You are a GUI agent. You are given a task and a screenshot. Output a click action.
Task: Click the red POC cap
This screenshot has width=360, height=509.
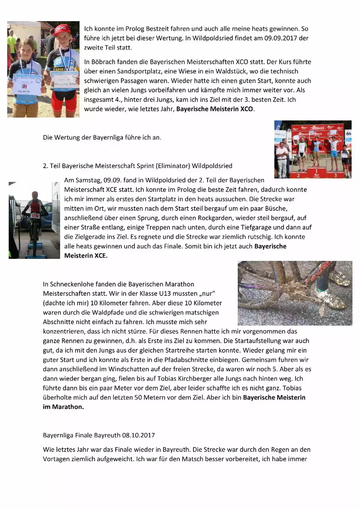62,30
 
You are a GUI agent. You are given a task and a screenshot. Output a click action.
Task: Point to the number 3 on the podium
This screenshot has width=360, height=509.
336,175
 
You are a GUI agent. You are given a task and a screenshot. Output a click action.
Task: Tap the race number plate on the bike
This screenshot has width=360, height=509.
35,215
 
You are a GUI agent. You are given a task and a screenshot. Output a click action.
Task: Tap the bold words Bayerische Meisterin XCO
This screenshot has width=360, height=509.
214,109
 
